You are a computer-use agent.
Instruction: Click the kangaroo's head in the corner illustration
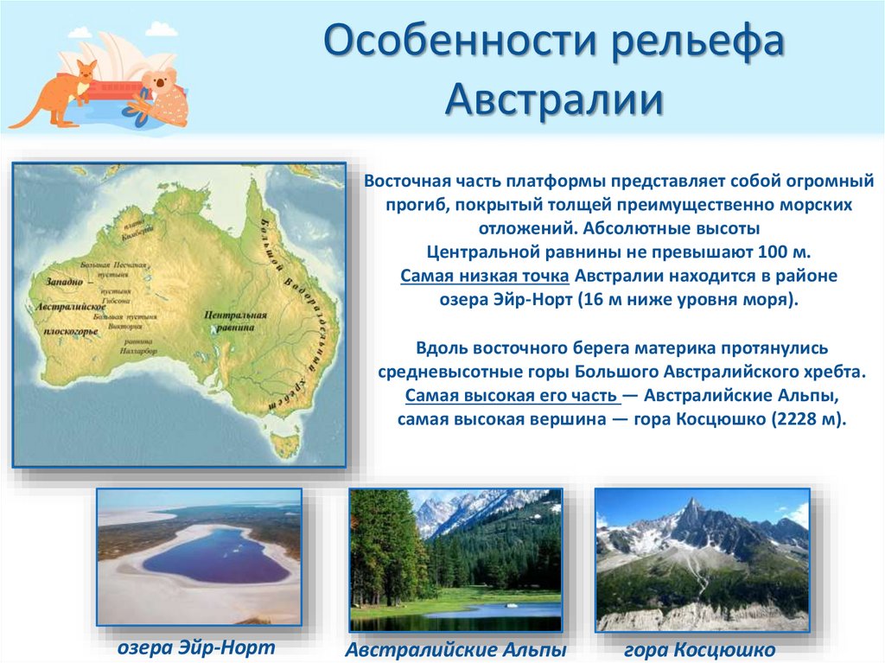[84, 70]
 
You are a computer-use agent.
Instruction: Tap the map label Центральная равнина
[229, 322]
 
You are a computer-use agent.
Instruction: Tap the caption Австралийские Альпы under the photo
[455, 649]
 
